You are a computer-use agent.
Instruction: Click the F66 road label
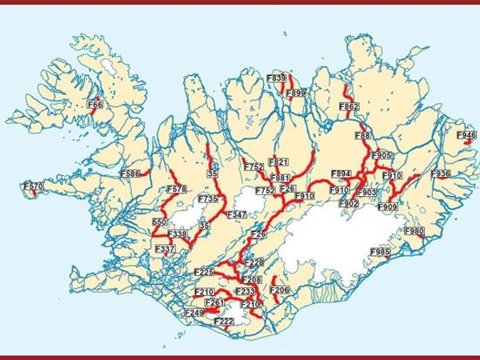(95, 104)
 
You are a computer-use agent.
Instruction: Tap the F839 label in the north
(276, 78)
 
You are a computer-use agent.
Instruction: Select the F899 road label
(296, 94)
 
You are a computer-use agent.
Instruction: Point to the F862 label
(349, 106)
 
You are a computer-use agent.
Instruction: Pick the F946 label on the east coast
(466, 136)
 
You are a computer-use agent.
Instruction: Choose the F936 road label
(441, 174)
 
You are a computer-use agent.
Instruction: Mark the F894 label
(342, 174)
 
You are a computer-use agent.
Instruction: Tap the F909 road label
(387, 207)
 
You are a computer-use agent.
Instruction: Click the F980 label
(414, 231)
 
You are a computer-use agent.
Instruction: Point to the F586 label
(130, 173)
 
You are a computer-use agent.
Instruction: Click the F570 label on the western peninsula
(33, 186)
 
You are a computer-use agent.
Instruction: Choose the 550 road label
(159, 222)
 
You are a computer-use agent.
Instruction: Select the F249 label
(194, 312)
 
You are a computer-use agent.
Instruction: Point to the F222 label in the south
(225, 321)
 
